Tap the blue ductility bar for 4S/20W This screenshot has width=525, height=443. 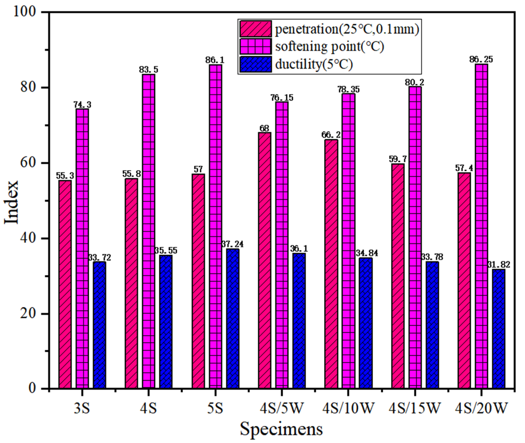point(499,329)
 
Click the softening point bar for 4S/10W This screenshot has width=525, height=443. point(348,241)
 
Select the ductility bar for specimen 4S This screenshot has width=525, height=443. point(166,322)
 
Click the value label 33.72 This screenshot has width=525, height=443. point(99,257)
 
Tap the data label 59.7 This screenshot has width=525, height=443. point(398,159)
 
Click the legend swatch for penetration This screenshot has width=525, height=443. point(255,29)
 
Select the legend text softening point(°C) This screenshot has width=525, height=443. point(330,47)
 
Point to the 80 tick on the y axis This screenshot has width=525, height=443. point(28,88)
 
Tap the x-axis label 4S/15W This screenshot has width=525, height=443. point(415,408)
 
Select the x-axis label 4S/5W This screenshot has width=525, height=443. point(282,408)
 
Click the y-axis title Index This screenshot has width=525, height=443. point(11,202)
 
